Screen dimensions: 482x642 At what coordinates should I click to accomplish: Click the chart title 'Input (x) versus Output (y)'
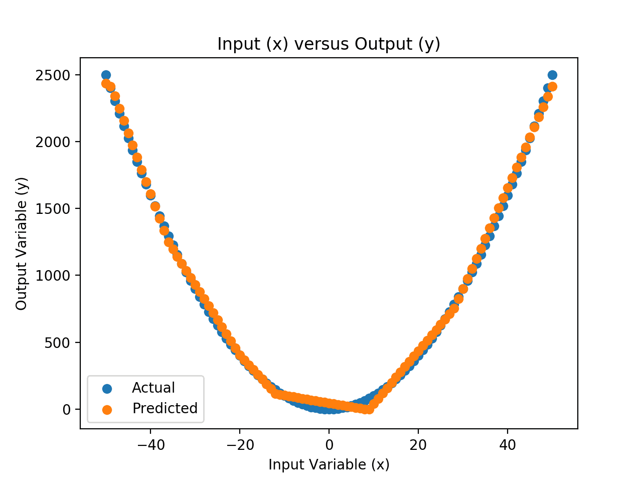[x=329, y=44]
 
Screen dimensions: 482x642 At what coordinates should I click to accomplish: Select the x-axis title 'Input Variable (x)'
[x=329, y=464]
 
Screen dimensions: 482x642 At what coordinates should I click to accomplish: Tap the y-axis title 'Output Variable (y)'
[x=21, y=244]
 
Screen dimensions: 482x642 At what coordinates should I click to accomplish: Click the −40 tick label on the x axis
[x=150, y=445]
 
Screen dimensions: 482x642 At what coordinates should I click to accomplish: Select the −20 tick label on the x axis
[x=239, y=445]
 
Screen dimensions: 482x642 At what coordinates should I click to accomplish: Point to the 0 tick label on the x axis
[x=329, y=445]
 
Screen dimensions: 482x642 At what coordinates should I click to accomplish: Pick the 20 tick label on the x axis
[x=418, y=445]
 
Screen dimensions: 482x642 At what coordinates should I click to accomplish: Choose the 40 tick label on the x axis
[x=508, y=445]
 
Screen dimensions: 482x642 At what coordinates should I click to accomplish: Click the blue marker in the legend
[x=106, y=388]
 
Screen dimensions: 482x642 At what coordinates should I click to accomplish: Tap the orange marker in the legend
[x=106, y=409]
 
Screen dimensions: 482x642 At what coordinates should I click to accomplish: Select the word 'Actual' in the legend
[x=153, y=388]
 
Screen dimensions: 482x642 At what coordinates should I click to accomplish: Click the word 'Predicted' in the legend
[x=165, y=409]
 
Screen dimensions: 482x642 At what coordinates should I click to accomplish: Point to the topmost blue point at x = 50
[x=552, y=75]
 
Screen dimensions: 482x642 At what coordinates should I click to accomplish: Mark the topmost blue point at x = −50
[x=106, y=75]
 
